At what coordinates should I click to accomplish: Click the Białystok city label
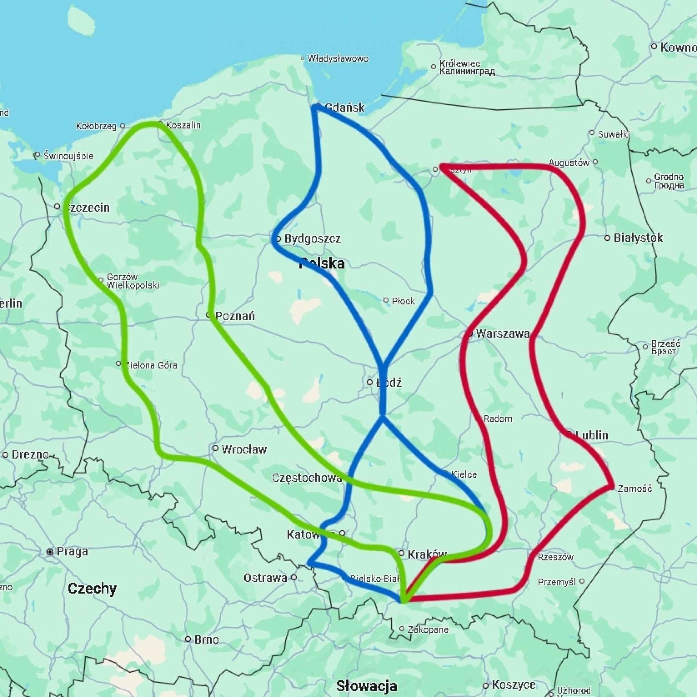pos(638,238)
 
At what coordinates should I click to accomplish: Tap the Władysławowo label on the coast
pos(338,58)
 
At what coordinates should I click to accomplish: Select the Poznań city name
pos(235,316)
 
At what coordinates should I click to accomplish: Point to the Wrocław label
pos(244,449)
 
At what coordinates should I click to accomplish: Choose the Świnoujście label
pos(68,156)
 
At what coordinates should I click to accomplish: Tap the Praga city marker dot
pos(50,552)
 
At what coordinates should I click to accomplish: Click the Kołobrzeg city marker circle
pos(123,126)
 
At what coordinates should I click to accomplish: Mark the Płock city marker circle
pos(386,300)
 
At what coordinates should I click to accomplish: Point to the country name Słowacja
pos(366,686)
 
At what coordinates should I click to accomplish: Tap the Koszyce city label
pos(513,685)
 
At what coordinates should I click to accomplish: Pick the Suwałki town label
pos(614,134)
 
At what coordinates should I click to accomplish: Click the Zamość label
pos(635,488)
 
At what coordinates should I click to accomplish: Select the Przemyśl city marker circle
pos(582,581)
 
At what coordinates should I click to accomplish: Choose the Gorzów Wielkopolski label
pos(133,281)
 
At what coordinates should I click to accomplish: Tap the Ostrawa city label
pos(265,578)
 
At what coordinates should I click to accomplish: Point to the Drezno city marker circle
pos(5,455)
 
